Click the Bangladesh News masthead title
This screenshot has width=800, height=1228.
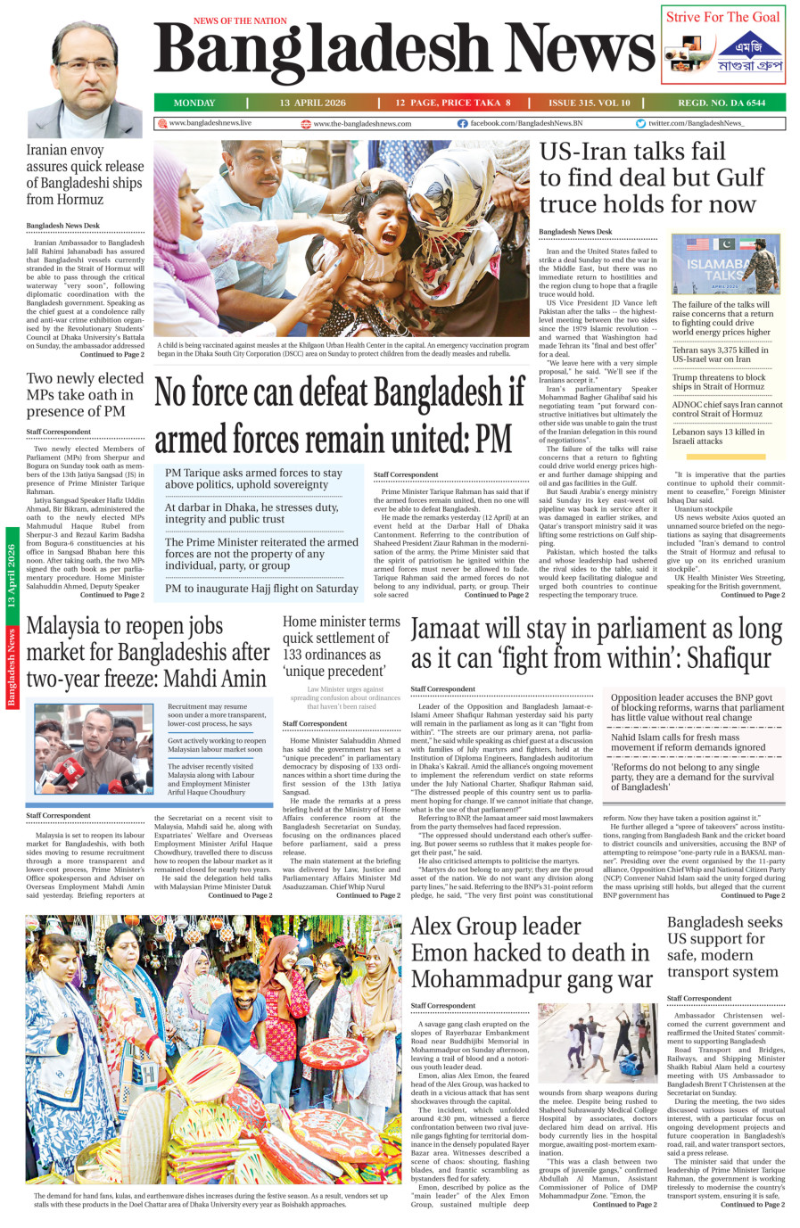click(x=403, y=54)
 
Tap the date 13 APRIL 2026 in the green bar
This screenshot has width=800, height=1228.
click(x=312, y=103)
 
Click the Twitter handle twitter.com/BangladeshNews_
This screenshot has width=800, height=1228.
click(x=696, y=123)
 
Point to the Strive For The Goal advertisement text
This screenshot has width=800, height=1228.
click(x=722, y=17)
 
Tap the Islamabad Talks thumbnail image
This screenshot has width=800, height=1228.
click(x=725, y=264)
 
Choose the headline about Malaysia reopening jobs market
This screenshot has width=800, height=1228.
click(x=147, y=652)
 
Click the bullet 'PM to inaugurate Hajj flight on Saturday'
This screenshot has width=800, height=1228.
click(x=261, y=589)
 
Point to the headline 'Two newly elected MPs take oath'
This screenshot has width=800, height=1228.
click(x=85, y=394)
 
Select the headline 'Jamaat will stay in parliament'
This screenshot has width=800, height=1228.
click(x=596, y=643)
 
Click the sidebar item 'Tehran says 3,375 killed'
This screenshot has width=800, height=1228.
click(x=721, y=355)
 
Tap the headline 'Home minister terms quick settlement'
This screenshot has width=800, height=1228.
click(x=342, y=646)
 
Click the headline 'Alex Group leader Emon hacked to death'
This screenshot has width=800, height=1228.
click(x=532, y=952)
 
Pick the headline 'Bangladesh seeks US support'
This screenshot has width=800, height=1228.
click(x=724, y=946)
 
